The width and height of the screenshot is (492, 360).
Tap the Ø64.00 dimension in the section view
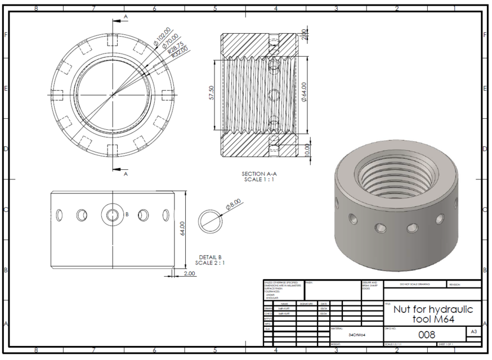coord(303,93)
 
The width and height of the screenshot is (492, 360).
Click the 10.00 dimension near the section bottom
coord(307,151)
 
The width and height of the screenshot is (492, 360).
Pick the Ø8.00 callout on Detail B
coord(234,204)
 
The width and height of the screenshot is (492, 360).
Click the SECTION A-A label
coord(260,174)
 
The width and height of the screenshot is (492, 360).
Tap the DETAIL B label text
coord(211,256)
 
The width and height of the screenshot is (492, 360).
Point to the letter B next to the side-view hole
coord(127,214)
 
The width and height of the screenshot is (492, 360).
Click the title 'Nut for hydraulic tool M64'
coord(432,314)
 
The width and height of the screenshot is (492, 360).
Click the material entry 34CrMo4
coord(356,334)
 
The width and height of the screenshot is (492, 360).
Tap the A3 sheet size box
coord(474,332)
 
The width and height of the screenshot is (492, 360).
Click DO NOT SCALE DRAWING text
coord(414,285)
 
